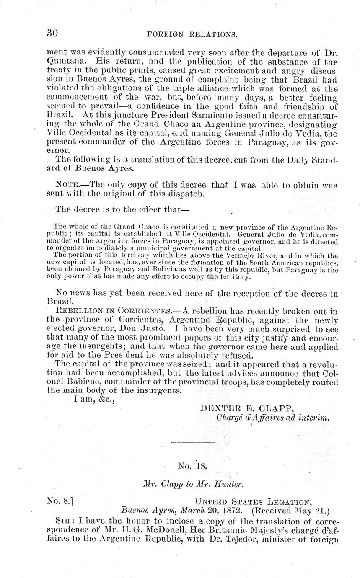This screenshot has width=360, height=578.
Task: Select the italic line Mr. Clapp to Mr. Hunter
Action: click(193, 484)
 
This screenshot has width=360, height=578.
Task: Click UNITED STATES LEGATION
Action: click(253, 501)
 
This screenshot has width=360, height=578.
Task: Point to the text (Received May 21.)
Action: click(291, 511)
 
